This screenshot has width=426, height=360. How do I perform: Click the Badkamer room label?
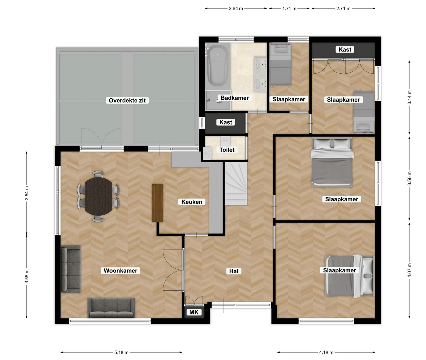click(x=235, y=98)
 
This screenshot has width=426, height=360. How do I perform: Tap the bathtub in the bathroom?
click(x=217, y=65)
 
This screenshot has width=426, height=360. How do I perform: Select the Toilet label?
click(x=227, y=150)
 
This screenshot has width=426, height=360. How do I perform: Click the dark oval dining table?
click(x=98, y=196)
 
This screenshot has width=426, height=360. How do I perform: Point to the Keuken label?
click(x=192, y=202)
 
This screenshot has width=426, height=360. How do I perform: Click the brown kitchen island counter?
click(x=157, y=203)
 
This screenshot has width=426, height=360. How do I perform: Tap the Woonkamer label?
click(x=121, y=271)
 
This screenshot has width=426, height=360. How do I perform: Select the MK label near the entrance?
click(x=194, y=312)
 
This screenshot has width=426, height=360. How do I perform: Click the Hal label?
click(x=234, y=271)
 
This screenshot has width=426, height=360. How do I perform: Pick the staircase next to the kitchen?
click(x=236, y=184)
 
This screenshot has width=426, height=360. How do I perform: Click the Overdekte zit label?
click(x=127, y=100)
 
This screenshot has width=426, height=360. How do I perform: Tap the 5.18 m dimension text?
click(x=121, y=353)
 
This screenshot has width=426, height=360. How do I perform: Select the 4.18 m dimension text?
click(x=326, y=353)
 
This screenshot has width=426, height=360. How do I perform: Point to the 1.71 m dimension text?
click(x=289, y=9)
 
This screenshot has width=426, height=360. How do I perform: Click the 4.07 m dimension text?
click(x=409, y=270)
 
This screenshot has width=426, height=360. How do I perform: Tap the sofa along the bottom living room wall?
click(x=111, y=308)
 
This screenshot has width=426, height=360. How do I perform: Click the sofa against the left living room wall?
click(x=71, y=269)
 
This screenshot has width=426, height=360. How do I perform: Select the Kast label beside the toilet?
click(x=226, y=122)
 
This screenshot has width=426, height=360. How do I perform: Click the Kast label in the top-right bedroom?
click(x=345, y=50)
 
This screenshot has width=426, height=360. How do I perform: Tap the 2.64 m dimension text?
click(x=236, y=9)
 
